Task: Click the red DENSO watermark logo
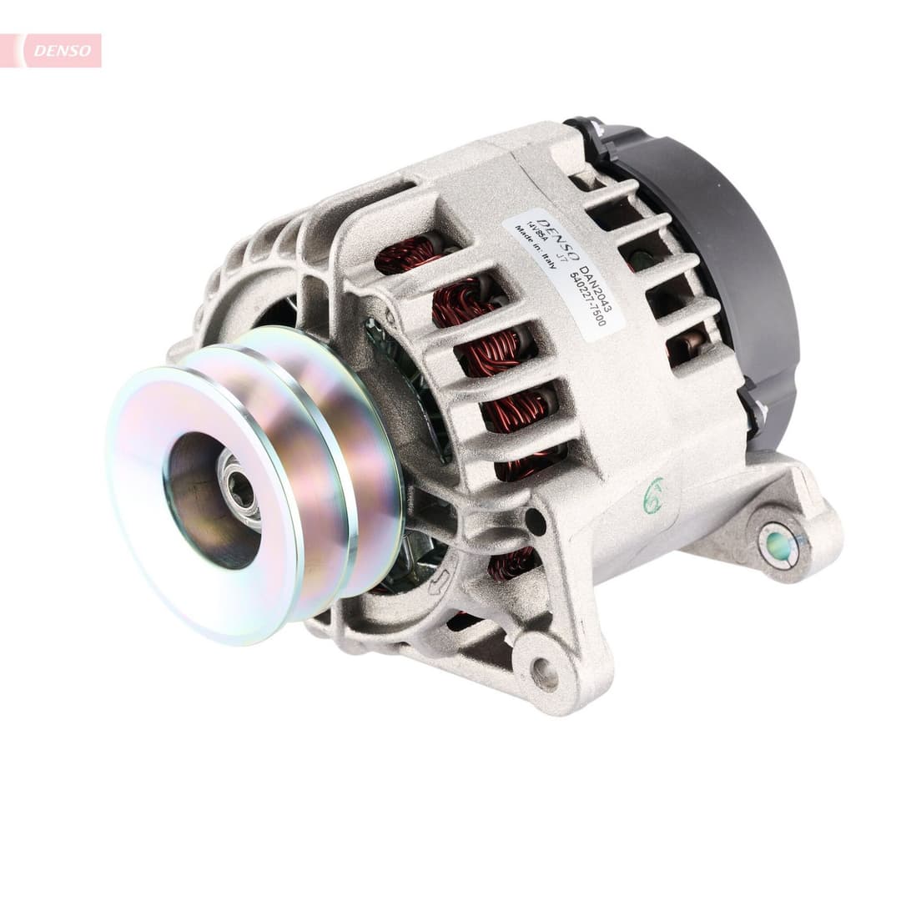click(63, 51)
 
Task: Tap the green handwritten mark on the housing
click(653, 496)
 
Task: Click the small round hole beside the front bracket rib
click(535, 522)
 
